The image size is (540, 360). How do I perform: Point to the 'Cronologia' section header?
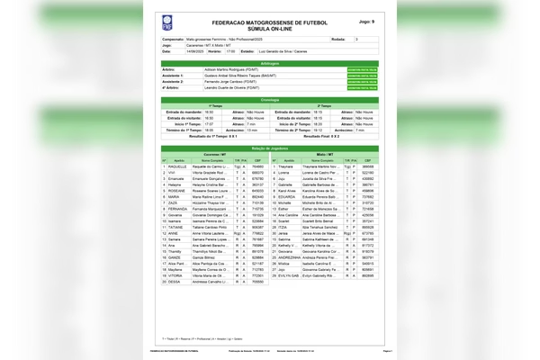pyautogui.click(x=269, y=99)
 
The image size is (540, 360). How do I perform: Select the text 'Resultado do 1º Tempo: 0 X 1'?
pyautogui.click(x=217, y=136)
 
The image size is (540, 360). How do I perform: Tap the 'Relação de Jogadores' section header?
pyautogui.click(x=269, y=148)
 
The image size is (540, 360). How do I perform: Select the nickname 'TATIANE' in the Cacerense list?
pyautogui.click(x=176, y=228)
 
